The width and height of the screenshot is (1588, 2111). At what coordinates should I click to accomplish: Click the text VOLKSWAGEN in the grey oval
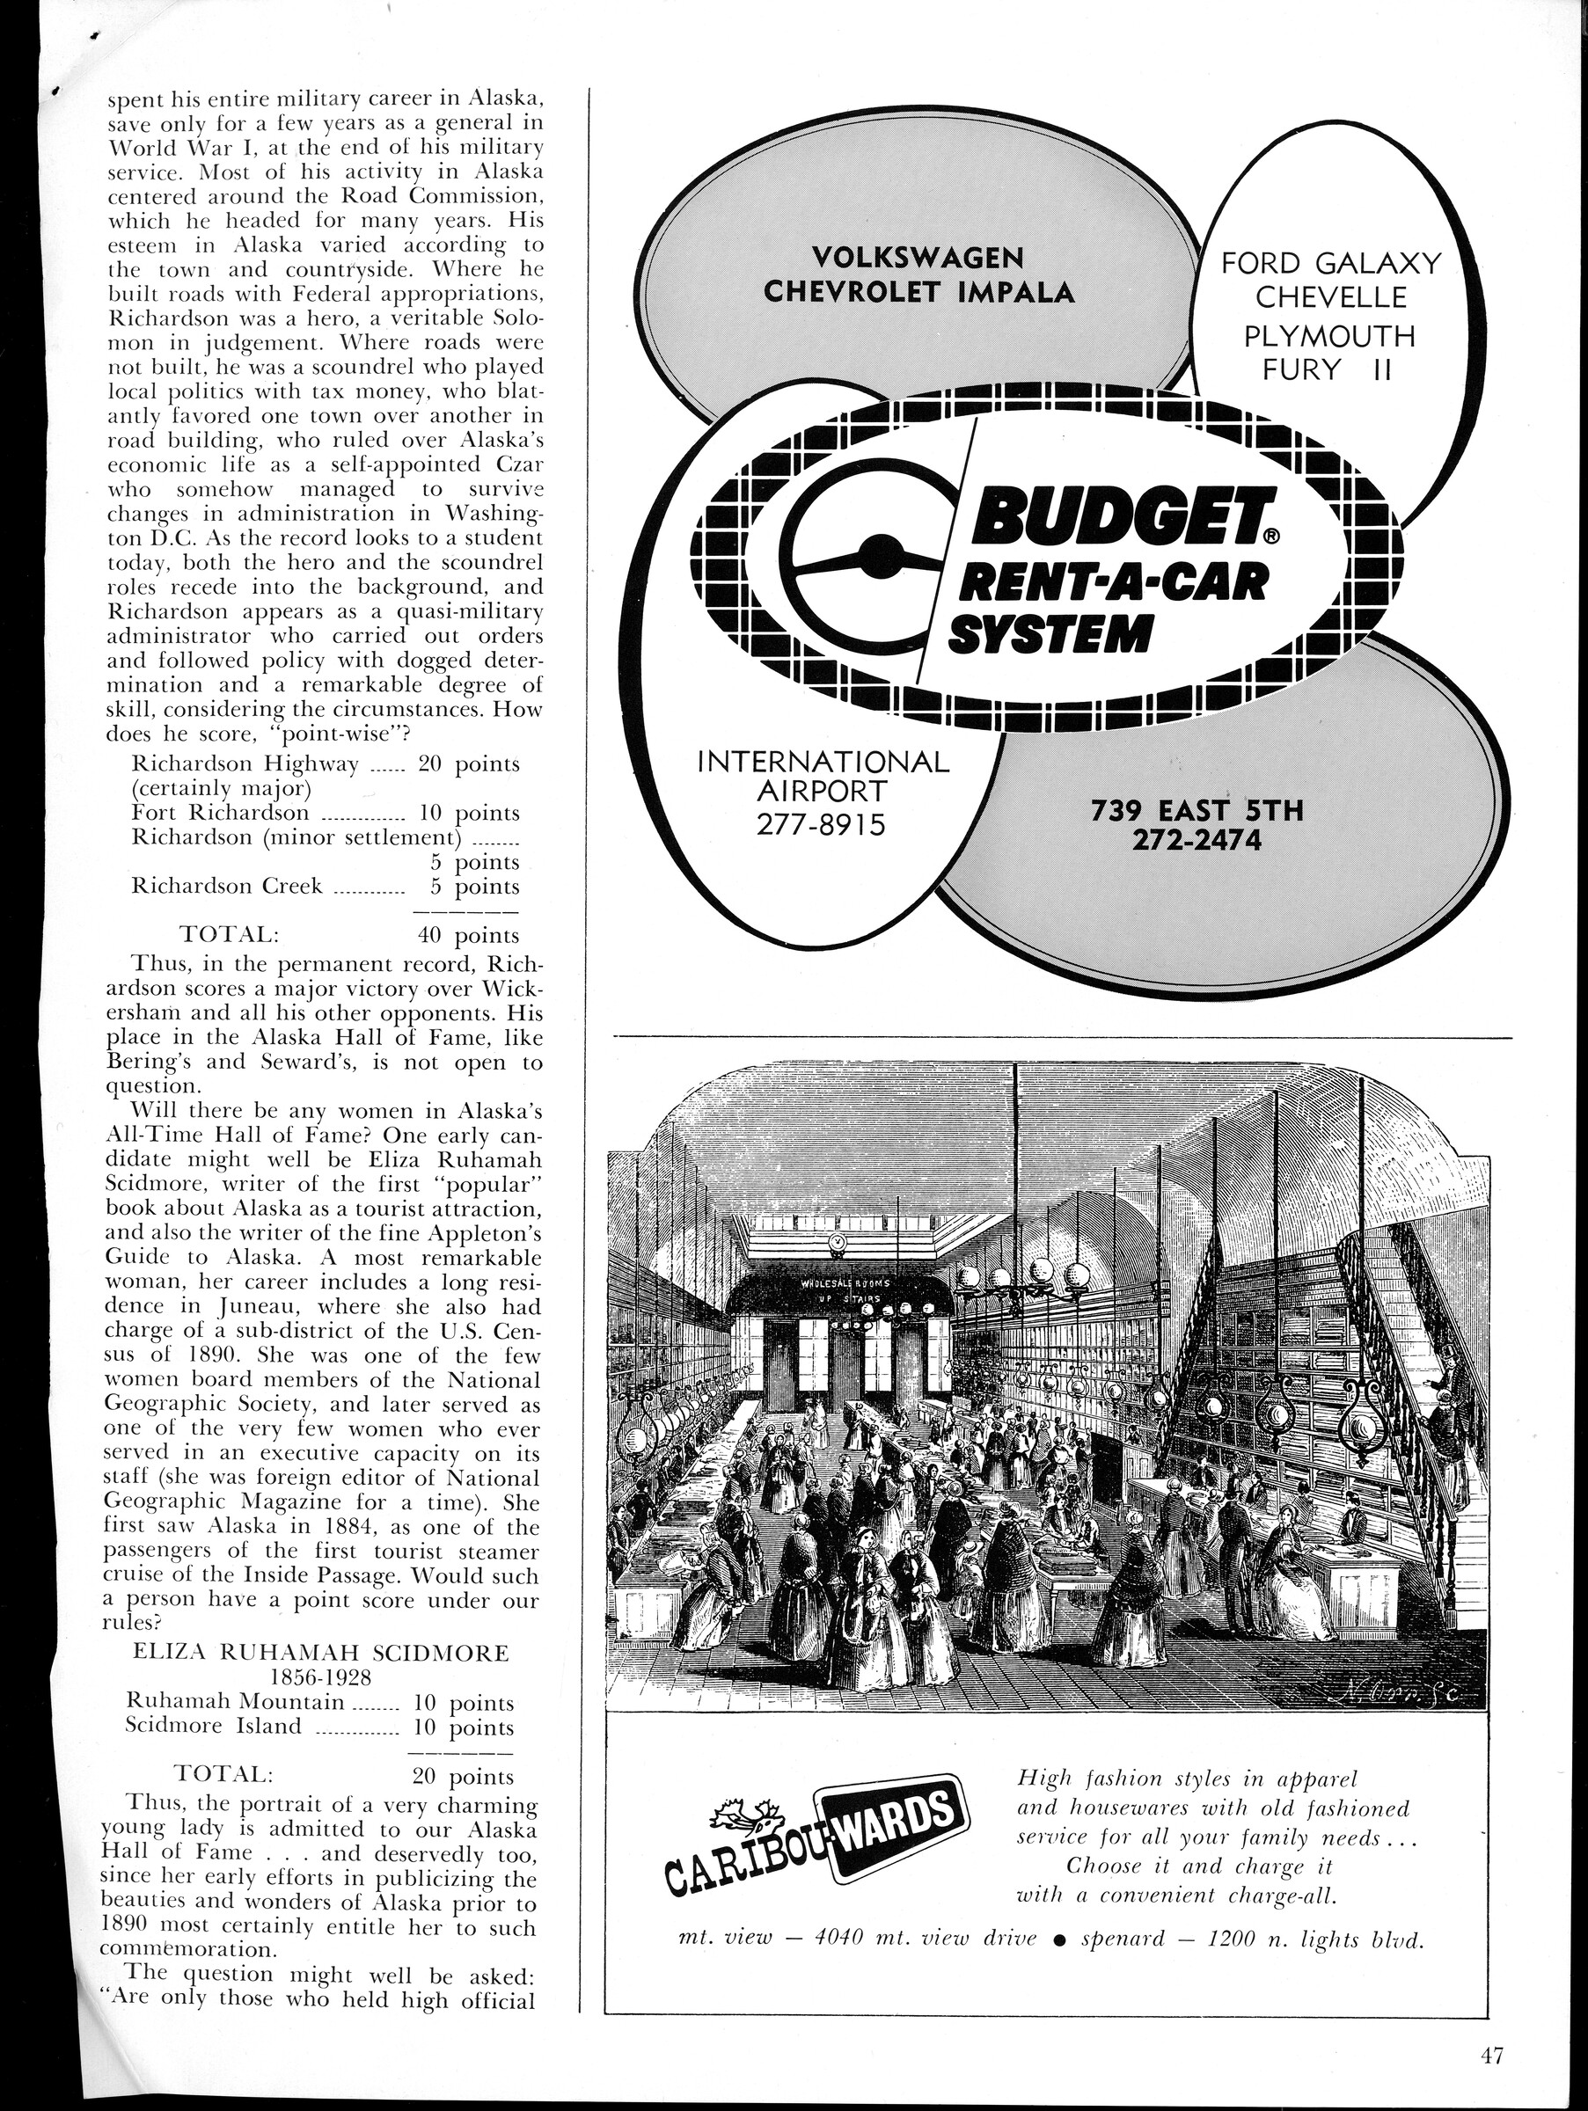click(919, 258)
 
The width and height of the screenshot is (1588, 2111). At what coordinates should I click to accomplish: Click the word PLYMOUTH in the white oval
click(1330, 335)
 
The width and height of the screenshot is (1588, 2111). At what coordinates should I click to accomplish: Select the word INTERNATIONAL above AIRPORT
click(823, 762)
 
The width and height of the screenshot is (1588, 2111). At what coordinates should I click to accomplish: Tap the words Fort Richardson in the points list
click(221, 813)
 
